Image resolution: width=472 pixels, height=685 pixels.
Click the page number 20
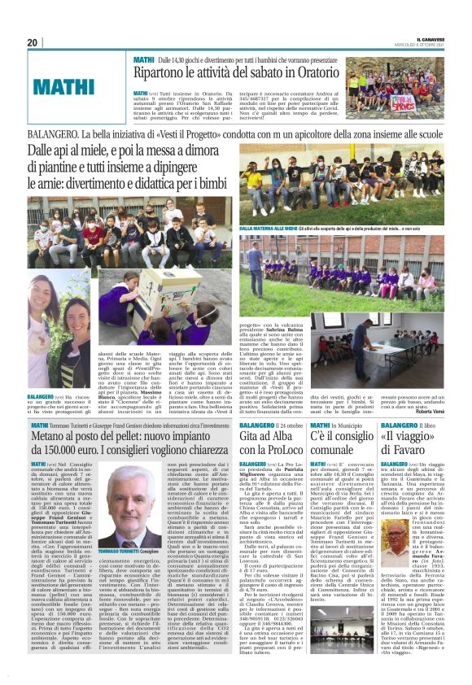pyautogui.click(x=33, y=42)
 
